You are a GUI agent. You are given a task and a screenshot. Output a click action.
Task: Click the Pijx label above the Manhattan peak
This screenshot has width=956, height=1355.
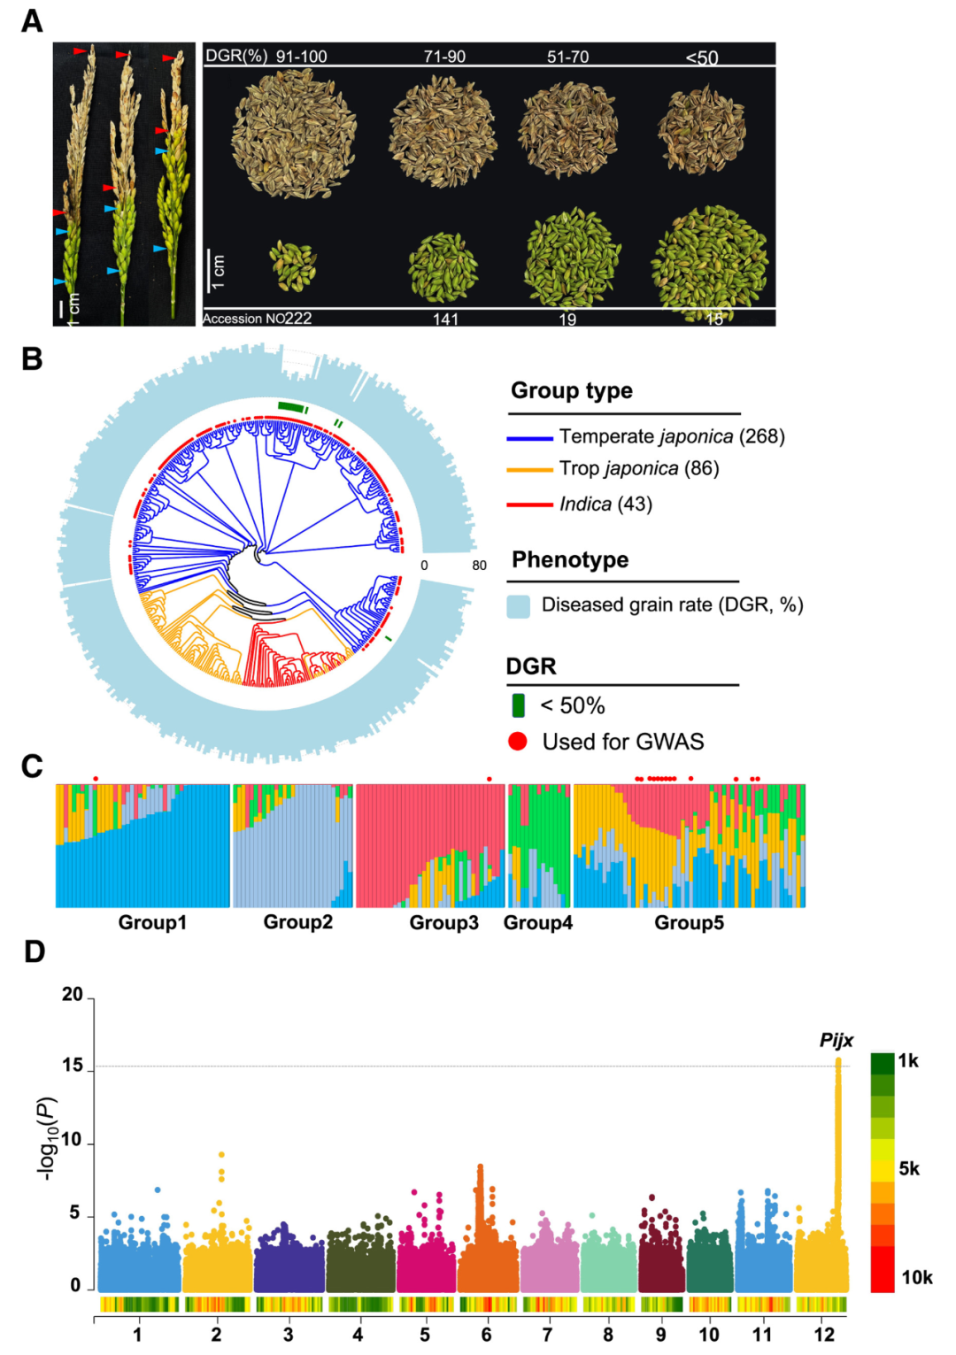click(836, 1040)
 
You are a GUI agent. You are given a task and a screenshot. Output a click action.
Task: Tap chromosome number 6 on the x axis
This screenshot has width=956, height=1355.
click(486, 1334)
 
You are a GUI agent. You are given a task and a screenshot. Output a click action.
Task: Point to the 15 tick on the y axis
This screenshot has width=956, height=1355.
click(73, 1066)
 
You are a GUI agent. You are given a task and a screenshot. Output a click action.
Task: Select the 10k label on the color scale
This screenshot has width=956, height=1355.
click(916, 1277)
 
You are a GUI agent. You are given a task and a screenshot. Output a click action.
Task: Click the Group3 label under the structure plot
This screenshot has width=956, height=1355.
click(443, 923)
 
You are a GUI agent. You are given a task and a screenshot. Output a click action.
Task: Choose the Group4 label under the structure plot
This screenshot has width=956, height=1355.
click(537, 923)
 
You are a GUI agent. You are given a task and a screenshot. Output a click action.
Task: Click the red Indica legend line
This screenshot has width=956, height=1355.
click(529, 504)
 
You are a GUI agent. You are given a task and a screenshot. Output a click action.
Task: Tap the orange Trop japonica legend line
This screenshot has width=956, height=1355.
click(529, 469)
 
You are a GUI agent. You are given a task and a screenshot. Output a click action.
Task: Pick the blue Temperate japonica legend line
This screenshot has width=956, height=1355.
click(529, 437)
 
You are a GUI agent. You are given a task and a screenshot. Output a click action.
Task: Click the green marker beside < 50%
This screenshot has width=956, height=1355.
click(519, 705)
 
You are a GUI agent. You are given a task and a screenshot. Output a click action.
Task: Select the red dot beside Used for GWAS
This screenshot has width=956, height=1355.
click(518, 742)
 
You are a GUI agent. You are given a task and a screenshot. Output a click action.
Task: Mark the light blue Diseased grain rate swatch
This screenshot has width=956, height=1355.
click(518, 605)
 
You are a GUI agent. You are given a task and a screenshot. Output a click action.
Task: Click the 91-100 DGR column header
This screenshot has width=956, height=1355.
click(301, 57)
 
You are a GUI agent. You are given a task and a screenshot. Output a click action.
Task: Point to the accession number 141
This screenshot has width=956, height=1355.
click(445, 319)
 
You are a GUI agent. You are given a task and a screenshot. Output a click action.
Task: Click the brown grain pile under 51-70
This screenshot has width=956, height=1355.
click(567, 129)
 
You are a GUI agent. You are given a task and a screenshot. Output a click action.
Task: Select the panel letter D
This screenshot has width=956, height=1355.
click(34, 952)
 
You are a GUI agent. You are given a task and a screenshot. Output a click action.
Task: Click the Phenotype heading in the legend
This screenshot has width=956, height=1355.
click(570, 560)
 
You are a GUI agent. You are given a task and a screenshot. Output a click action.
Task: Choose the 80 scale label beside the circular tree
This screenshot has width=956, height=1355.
click(479, 566)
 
